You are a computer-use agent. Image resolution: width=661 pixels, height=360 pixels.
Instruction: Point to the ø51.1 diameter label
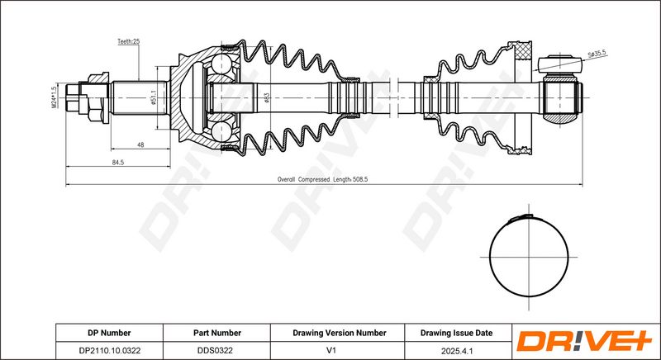pos(155,97)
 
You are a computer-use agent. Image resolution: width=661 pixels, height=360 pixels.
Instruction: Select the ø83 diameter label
pos(267,97)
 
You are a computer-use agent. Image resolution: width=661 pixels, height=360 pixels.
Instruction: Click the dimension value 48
pos(140,145)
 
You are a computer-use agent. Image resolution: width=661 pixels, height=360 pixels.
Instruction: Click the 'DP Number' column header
pos(109,333)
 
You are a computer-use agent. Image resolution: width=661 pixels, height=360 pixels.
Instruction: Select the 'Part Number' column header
pos(218,333)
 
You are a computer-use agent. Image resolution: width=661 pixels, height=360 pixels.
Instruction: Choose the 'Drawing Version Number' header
pos(340,333)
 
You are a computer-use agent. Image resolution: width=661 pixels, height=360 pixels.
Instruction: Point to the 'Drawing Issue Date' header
pos(456,333)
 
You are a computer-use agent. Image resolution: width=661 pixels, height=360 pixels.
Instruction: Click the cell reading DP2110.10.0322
pos(109,350)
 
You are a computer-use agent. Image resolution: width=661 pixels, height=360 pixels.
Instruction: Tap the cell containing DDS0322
pos(218,350)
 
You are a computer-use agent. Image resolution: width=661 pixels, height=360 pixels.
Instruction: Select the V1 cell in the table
pos(340,350)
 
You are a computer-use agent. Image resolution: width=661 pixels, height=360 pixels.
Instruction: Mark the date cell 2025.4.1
pos(456,350)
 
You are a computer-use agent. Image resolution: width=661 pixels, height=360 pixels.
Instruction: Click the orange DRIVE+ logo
pos(583,341)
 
